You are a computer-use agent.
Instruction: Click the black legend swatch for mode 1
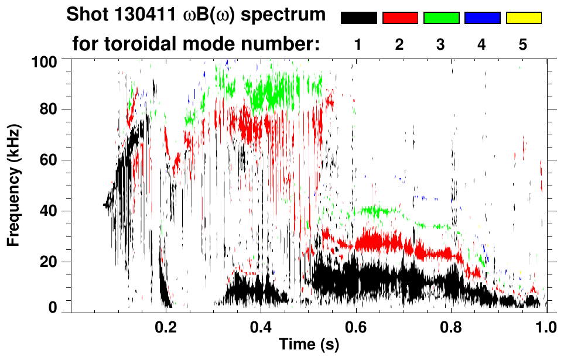click(x=359, y=18)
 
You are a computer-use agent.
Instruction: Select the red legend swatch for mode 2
click(x=400, y=18)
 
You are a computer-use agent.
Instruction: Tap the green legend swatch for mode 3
click(x=441, y=18)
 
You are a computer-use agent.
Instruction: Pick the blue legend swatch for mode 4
click(x=482, y=18)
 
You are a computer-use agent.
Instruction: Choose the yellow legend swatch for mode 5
click(x=524, y=18)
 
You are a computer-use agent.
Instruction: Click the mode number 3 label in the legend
click(x=441, y=44)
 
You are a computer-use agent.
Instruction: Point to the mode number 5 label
click(x=523, y=44)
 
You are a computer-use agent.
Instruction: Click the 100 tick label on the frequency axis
click(x=44, y=61)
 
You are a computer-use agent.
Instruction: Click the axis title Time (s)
click(x=309, y=345)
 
